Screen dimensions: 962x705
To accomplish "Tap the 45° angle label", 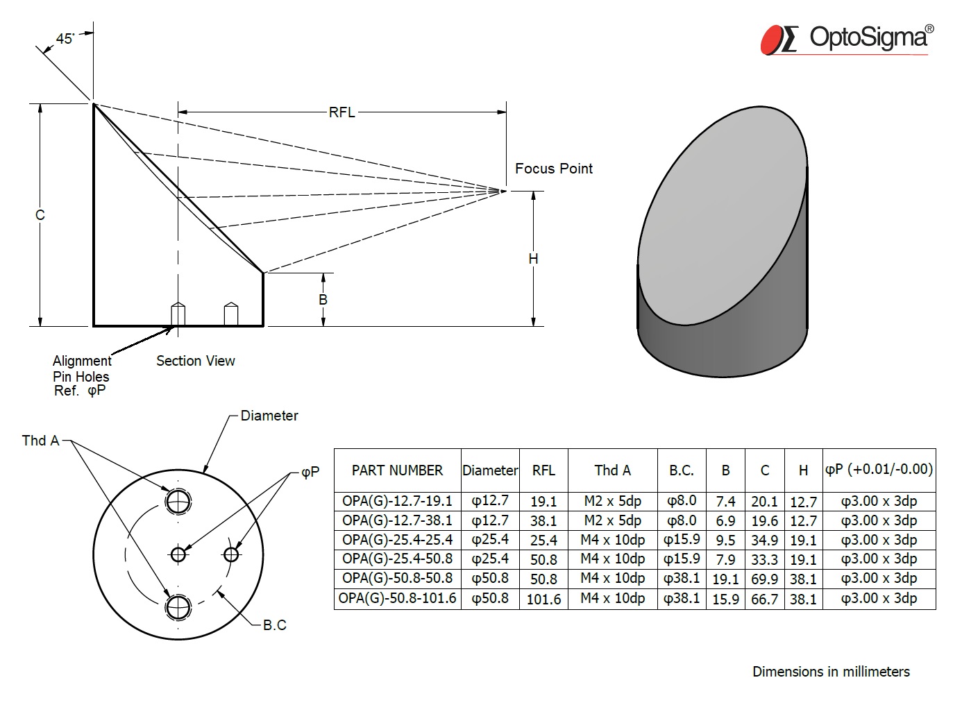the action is (65, 39).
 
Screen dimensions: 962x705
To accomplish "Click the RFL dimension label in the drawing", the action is (342, 112).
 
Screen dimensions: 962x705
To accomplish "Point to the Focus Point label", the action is (554, 169).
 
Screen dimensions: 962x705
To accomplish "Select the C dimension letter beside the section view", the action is (40, 214).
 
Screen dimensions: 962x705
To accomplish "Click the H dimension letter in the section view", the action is (533, 259).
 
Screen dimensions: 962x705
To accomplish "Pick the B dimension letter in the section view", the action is (323, 300).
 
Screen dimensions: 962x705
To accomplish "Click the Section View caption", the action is (196, 361).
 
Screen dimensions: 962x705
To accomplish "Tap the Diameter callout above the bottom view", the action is (269, 416).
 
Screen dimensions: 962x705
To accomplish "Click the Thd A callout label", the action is (41, 441).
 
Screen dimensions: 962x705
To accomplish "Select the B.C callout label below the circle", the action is (274, 625).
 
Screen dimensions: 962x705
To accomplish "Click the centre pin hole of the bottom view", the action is (178, 554).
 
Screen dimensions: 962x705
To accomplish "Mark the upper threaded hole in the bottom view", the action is (178, 502).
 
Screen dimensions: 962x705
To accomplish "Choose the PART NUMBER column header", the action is (397, 470).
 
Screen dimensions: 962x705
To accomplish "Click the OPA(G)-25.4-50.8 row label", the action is (397, 559).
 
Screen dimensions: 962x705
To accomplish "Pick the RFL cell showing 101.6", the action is (543, 599).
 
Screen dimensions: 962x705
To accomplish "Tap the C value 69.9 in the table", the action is (764, 579).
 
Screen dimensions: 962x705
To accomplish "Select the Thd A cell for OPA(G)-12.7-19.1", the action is (612, 501).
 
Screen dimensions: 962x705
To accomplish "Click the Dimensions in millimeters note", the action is (831, 672).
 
